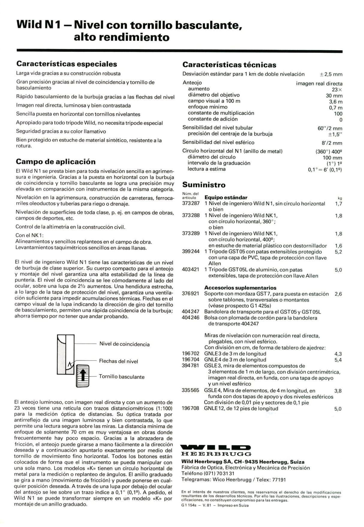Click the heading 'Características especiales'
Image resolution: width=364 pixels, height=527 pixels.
67,64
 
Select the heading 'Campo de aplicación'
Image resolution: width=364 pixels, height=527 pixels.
55,162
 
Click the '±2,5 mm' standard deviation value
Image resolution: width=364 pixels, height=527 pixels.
331,74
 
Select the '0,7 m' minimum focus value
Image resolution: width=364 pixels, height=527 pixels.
336,108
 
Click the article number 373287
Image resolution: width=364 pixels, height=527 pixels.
191,204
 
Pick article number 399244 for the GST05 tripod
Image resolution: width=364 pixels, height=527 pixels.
191,252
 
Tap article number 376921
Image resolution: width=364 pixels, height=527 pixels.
191,294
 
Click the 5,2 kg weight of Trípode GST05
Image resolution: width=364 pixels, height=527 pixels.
338,252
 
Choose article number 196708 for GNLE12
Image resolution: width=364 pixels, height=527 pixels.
191,408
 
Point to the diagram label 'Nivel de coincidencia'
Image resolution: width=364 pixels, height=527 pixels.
124,344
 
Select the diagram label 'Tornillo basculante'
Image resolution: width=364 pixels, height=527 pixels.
122,377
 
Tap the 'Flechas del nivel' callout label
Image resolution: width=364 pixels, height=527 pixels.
118,361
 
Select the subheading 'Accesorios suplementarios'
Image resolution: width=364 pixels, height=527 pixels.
240,288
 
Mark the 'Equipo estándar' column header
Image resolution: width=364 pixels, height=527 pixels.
226,197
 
